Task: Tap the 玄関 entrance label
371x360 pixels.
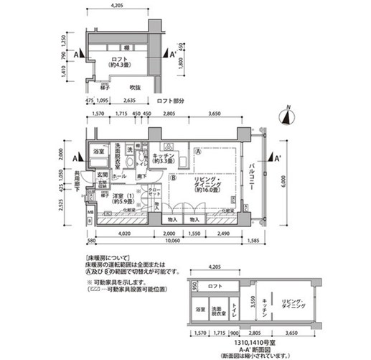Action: (x=102, y=175)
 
